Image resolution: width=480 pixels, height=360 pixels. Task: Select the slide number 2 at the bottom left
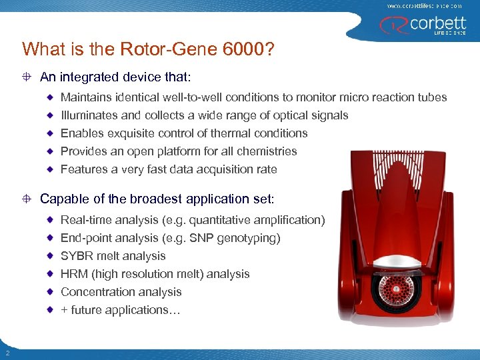pyautogui.click(x=6, y=353)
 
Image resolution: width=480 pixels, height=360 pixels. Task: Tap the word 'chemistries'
pyautogui.click(x=267, y=151)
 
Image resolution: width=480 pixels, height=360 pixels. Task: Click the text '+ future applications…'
pyautogui.click(x=121, y=310)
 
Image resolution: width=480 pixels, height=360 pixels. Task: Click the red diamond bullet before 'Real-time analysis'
pyautogui.click(x=51, y=220)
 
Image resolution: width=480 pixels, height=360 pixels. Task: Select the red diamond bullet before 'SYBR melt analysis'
pyautogui.click(x=51, y=256)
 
